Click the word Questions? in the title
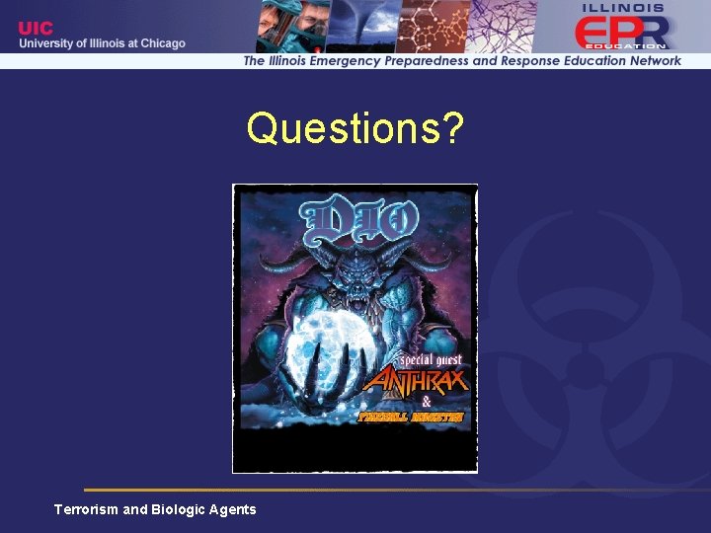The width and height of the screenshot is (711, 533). pyautogui.click(x=355, y=128)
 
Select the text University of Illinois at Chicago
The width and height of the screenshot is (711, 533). pyautogui.click(x=102, y=43)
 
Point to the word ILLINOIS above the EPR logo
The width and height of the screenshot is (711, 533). pyautogui.click(x=624, y=8)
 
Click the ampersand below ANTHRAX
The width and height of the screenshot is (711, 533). pyautogui.click(x=426, y=402)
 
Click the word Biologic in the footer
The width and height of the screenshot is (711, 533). pyautogui.click(x=178, y=509)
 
